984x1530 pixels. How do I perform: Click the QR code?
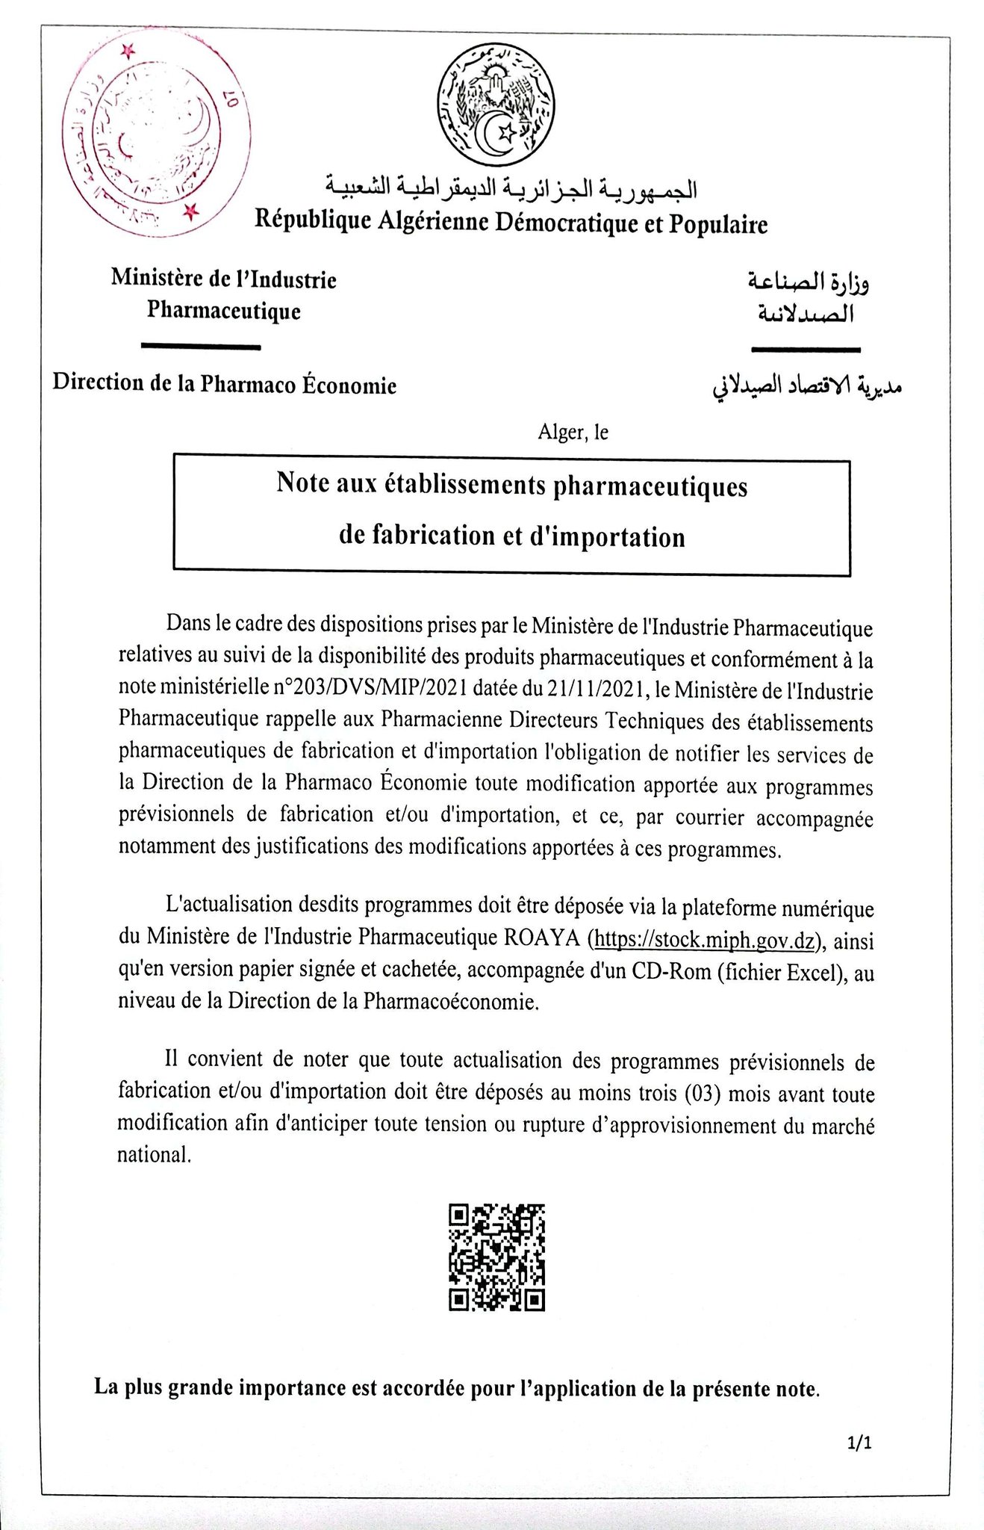[x=496, y=1257]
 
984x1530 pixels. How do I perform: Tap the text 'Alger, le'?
[x=573, y=432]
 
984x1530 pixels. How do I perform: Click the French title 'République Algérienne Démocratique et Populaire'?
[x=511, y=223]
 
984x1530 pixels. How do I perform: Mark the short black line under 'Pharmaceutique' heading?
[x=201, y=347]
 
